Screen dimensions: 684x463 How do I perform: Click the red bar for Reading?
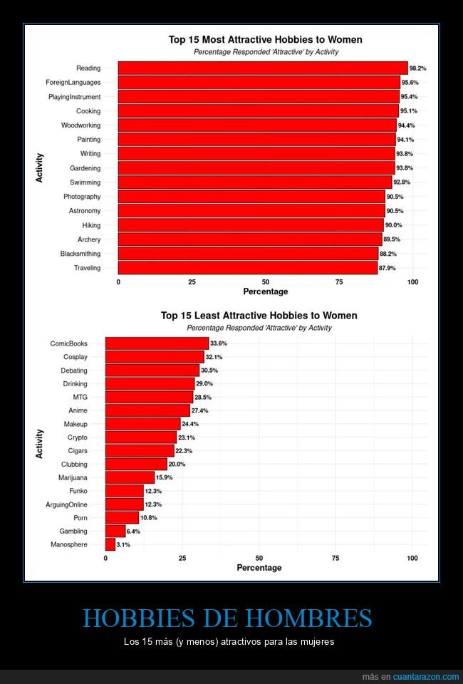tap(262, 68)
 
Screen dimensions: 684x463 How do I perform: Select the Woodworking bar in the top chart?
tap(256, 125)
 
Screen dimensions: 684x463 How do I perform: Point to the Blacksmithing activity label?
tap(80, 254)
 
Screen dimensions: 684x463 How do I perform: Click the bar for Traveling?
tap(247, 268)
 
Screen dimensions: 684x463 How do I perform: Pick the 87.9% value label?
tap(387, 268)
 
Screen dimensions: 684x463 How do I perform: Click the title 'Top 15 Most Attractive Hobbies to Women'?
tap(265, 40)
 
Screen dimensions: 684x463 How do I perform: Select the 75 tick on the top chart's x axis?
tap(339, 282)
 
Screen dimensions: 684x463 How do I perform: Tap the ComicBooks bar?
tap(157, 343)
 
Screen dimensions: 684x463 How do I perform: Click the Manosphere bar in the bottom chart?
tap(110, 544)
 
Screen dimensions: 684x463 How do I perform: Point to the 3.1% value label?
tap(123, 544)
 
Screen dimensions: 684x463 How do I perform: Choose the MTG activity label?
tap(80, 397)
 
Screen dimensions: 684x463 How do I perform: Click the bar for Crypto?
tap(140, 437)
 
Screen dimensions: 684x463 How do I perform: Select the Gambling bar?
tap(115, 531)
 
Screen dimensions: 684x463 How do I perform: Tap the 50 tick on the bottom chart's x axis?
tap(259, 559)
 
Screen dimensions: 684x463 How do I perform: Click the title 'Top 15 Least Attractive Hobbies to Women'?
tap(259, 315)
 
